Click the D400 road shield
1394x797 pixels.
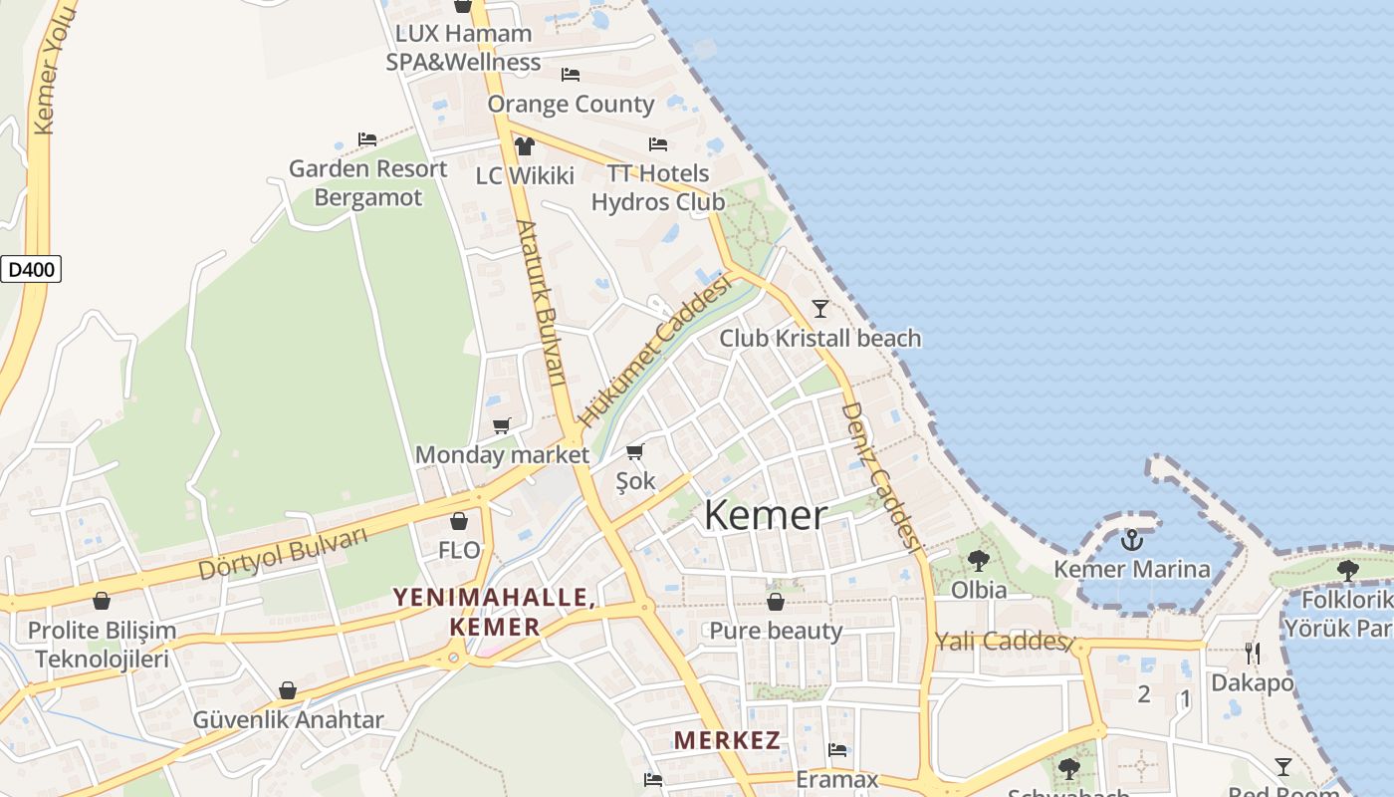tap(31, 269)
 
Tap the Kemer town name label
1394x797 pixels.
tap(765, 515)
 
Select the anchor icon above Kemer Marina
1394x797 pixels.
tap(1131, 541)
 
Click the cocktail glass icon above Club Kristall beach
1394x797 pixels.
tap(819, 308)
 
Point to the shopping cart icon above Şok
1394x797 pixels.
tap(635, 451)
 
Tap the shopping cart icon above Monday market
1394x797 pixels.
tap(502, 426)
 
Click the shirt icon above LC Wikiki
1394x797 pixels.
tap(525, 146)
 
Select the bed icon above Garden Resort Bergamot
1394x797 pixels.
tap(367, 139)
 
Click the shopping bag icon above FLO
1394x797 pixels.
tap(459, 521)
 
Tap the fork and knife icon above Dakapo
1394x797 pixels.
tap(1253, 654)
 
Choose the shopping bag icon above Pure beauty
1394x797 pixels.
tap(776, 602)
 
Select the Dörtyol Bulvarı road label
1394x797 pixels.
tap(283, 554)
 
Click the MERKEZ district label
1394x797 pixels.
tap(727, 740)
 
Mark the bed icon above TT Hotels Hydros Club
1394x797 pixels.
tap(658, 144)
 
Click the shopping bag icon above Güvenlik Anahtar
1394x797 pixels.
tap(288, 690)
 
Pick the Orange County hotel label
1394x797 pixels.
tap(571, 104)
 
